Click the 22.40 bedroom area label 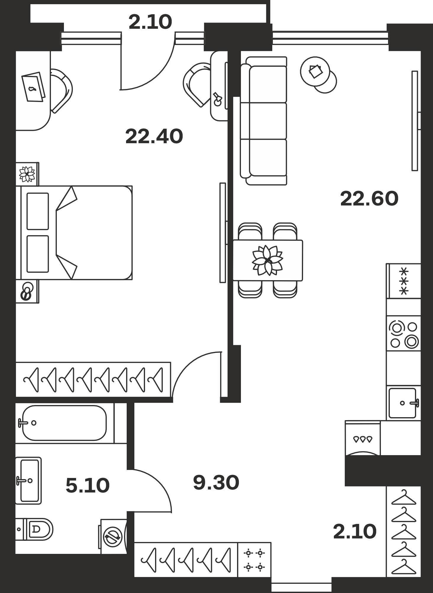(154, 137)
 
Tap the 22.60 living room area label (369, 199)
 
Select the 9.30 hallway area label (216, 482)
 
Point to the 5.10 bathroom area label (88, 486)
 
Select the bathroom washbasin (28, 480)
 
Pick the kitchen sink (403, 403)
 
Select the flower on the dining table (268, 260)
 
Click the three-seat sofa (263, 121)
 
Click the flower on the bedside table (27, 174)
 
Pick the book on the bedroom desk (34, 87)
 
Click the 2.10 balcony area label (150, 22)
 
